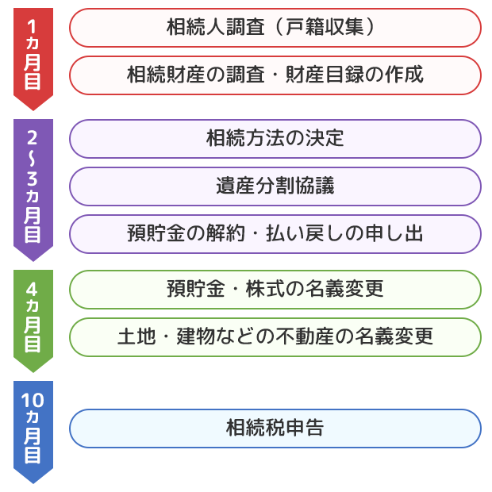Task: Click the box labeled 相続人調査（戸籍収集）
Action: [x=275, y=28]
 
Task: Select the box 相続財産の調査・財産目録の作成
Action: [x=275, y=75]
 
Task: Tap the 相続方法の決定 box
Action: [x=275, y=139]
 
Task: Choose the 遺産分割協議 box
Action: [x=275, y=186]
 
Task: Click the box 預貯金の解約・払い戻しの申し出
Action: [x=275, y=234]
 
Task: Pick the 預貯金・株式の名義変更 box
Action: [x=275, y=290]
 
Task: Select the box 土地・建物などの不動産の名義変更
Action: [x=275, y=337]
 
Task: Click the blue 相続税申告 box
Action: [x=275, y=429]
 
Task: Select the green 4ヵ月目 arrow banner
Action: [x=33, y=317]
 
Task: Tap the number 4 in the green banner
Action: [x=33, y=286]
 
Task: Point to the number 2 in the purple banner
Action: [x=33, y=134]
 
